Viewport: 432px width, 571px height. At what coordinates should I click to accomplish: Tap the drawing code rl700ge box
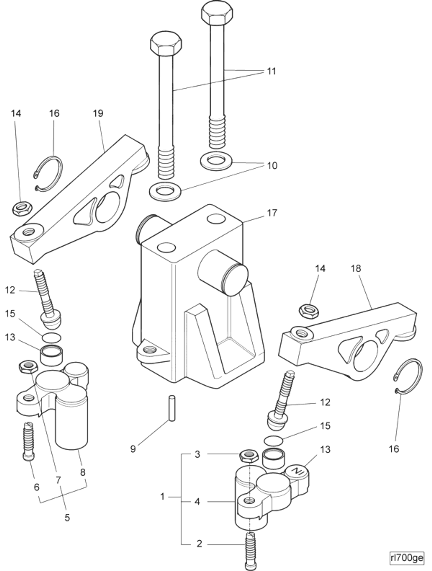(407, 558)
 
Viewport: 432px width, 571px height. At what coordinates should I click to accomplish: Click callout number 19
(98, 113)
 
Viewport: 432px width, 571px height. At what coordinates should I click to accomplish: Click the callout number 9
(133, 449)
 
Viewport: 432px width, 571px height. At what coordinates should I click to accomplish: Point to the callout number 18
(356, 269)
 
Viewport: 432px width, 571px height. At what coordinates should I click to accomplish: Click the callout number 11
(271, 71)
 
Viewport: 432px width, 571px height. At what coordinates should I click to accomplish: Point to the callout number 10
(272, 166)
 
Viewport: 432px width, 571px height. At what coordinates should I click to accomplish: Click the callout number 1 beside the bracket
(162, 496)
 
